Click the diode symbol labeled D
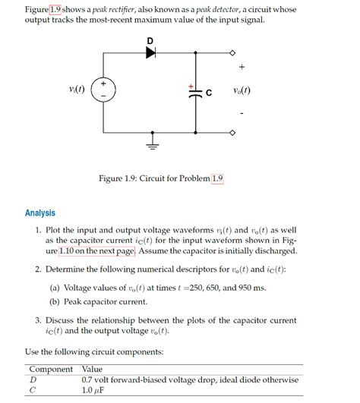point(150,53)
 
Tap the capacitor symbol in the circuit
point(197,92)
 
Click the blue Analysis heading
point(40,213)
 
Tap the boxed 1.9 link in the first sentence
point(55,9)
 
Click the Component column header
point(50,369)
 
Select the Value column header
point(93,369)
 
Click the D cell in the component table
point(33,379)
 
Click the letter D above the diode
point(150,39)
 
